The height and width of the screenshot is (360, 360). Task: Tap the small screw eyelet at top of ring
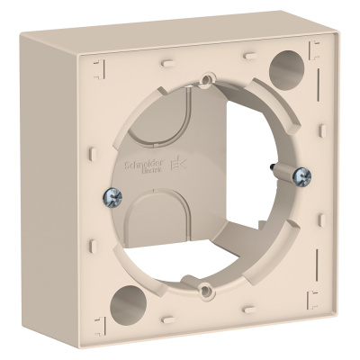207,81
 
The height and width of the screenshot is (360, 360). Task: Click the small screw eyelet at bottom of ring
207,289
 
